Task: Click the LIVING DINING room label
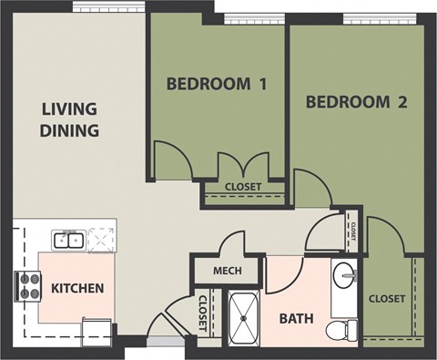click(69, 119)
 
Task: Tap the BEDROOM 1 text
click(217, 85)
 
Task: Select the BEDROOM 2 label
click(356, 101)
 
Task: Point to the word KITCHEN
click(77, 289)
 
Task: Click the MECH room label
click(226, 272)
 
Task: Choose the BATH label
click(296, 320)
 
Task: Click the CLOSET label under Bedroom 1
click(242, 187)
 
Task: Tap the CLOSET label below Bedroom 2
click(387, 298)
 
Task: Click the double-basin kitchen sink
click(67, 241)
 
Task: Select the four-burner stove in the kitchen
click(27, 287)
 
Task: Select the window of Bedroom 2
click(370, 17)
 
